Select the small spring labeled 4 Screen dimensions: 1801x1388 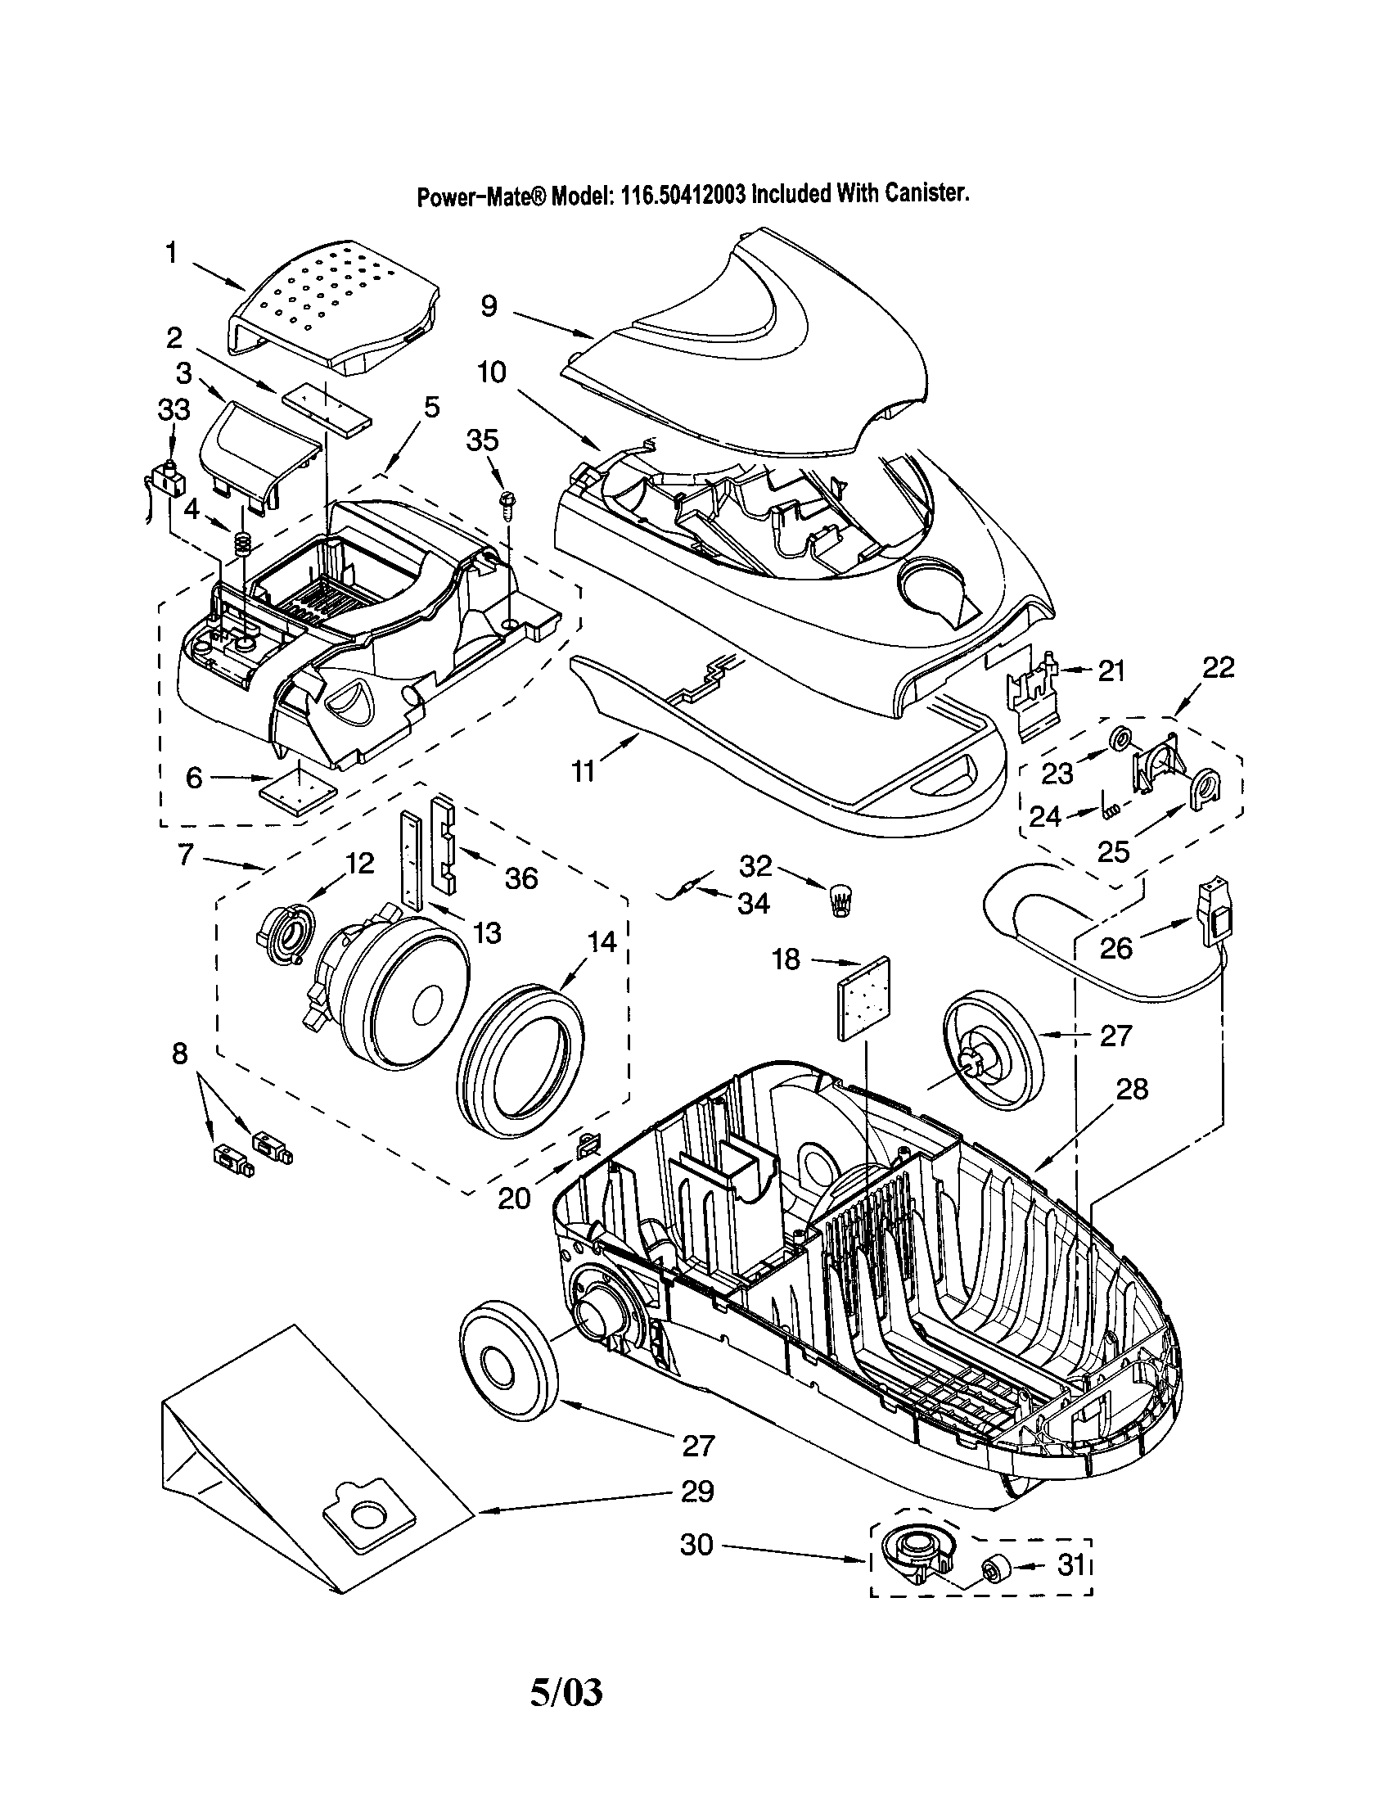pos(242,543)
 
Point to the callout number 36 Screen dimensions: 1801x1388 pos(522,878)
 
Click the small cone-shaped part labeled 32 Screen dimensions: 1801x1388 pos(840,899)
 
